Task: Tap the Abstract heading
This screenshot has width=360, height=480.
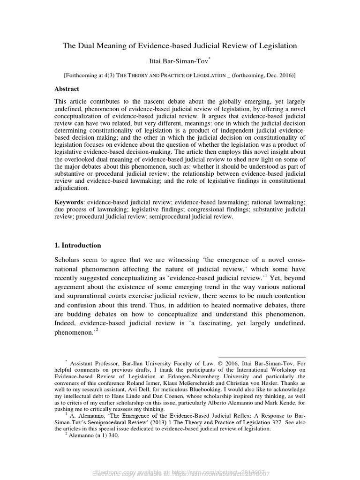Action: click(67, 89)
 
